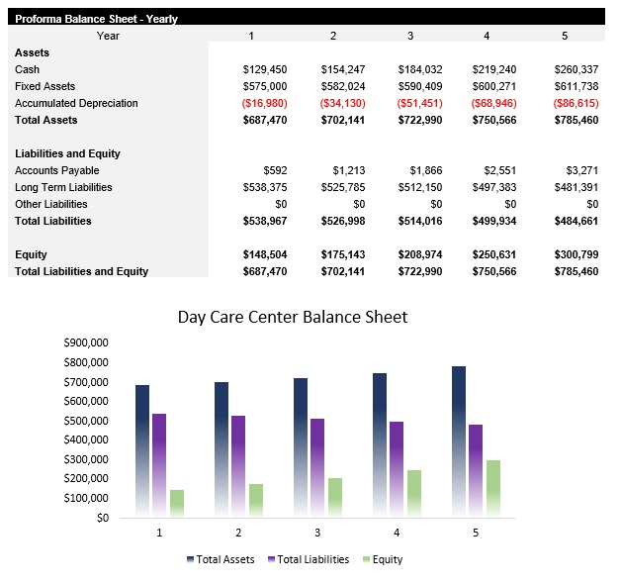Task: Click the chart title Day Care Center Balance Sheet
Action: [x=292, y=317]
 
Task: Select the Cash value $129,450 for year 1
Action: [x=264, y=69]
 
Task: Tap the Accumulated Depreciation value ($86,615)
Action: [x=577, y=103]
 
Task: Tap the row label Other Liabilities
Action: [x=49, y=204]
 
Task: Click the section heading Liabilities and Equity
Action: [x=67, y=153]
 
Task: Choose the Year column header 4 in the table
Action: [x=486, y=36]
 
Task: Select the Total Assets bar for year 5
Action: [x=459, y=440]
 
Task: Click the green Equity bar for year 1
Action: [x=177, y=503]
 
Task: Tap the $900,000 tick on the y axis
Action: [x=85, y=342]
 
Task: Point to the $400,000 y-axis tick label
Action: [x=85, y=439]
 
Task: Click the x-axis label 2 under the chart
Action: [x=238, y=533]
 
